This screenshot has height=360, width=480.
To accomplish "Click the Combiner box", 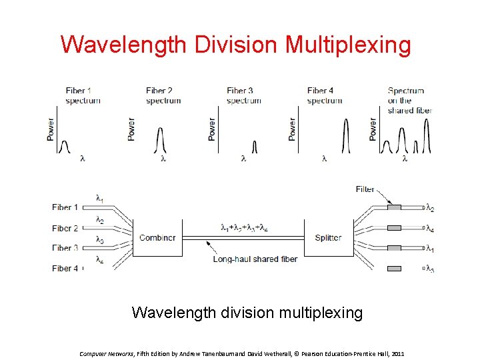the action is tap(157, 238).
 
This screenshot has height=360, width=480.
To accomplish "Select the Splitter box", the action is tap(328, 238).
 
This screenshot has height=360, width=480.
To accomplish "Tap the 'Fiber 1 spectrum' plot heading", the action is tap(83, 95).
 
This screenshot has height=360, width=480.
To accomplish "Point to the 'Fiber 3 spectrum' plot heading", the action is tap(243, 95).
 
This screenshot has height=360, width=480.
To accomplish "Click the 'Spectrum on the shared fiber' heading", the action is tap(409, 100).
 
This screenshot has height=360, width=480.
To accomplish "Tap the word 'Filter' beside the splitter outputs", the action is tap(365, 189).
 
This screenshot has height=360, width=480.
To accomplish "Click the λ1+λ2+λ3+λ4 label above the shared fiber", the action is tap(244, 227).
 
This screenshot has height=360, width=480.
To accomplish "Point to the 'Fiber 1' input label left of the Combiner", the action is tap(65, 207).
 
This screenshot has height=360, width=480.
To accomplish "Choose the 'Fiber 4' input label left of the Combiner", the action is tap(65, 269).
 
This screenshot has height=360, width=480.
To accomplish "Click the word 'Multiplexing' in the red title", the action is tap(349, 45).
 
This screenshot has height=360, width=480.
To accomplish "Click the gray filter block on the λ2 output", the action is tap(394, 208).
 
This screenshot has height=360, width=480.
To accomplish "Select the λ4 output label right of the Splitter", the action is tap(431, 229).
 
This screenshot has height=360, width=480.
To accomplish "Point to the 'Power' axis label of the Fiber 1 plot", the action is tap(51, 129).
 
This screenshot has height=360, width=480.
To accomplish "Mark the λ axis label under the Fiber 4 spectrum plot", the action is tap(324, 159).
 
